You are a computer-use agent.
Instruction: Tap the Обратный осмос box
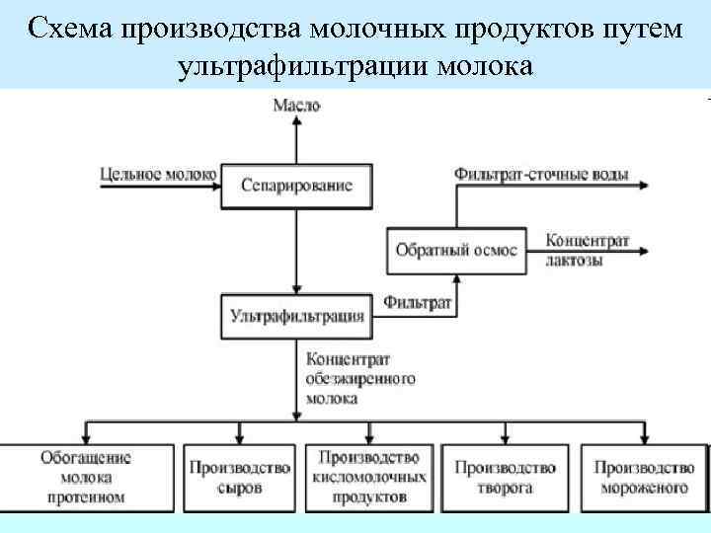[x=456, y=250]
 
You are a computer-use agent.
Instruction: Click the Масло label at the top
[x=296, y=105]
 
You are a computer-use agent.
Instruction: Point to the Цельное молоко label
[x=158, y=174]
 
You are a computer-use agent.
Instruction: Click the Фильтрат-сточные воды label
[x=541, y=174]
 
